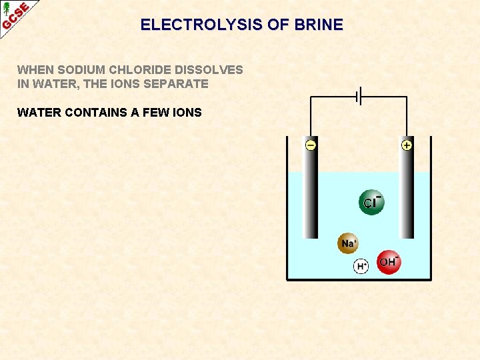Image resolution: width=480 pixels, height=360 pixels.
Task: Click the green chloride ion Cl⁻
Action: tap(371, 203)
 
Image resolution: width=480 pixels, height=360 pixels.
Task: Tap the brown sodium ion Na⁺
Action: tap(348, 243)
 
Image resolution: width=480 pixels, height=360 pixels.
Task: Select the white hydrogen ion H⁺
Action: tap(361, 266)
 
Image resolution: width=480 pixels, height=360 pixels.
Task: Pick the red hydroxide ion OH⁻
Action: tap(389, 263)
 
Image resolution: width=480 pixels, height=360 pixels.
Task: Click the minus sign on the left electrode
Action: tap(311, 145)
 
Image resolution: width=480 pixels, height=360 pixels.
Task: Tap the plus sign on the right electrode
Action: tap(407, 145)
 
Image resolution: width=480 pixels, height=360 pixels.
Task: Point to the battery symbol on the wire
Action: tap(359, 97)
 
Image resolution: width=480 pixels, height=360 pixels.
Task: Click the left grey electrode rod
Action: tap(311, 193)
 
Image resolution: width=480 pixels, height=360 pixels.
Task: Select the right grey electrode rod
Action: tap(407, 193)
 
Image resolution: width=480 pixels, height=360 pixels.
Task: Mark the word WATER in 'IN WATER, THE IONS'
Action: tap(52, 84)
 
